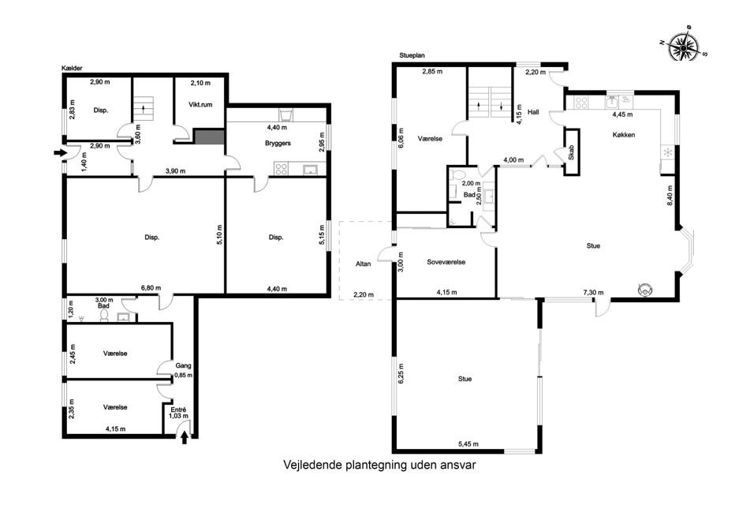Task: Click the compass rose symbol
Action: pyautogui.click(x=684, y=47)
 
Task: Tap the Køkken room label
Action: pyautogui.click(x=624, y=135)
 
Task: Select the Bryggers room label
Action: pyautogui.click(x=278, y=143)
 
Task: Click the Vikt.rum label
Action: pyautogui.click(x=200, y=104)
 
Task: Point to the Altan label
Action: pyautogui.click(x=363, y=264)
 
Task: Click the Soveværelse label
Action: pyautogui.click(x=446, y=262)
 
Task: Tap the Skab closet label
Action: pyautogui.click(x=571, y=152)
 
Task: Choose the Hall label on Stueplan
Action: pyautogui.click(x=533, y=112)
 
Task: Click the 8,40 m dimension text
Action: pyautogui.click(x=670, y=196)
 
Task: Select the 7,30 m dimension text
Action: pyautogui.click(x=593, y=293)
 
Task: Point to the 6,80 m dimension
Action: pyautogui.click(x=151, y=288)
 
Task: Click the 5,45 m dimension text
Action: pyautogui.click(x=468, y=444)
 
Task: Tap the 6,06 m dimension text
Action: pyautogui.click(x=401, y=137)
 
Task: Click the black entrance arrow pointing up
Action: pyautogui.click(x=185, y=438)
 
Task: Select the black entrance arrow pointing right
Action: pyautogui.click(x=60, y=153)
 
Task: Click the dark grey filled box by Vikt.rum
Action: pyautogui.click(x=208, y=137)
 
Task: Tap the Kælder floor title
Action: pyautogui.click(x=73, y=69)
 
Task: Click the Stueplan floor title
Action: pyautogui.click(x=412, y=55)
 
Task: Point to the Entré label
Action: pyautogui.click(x=178, y=410)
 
